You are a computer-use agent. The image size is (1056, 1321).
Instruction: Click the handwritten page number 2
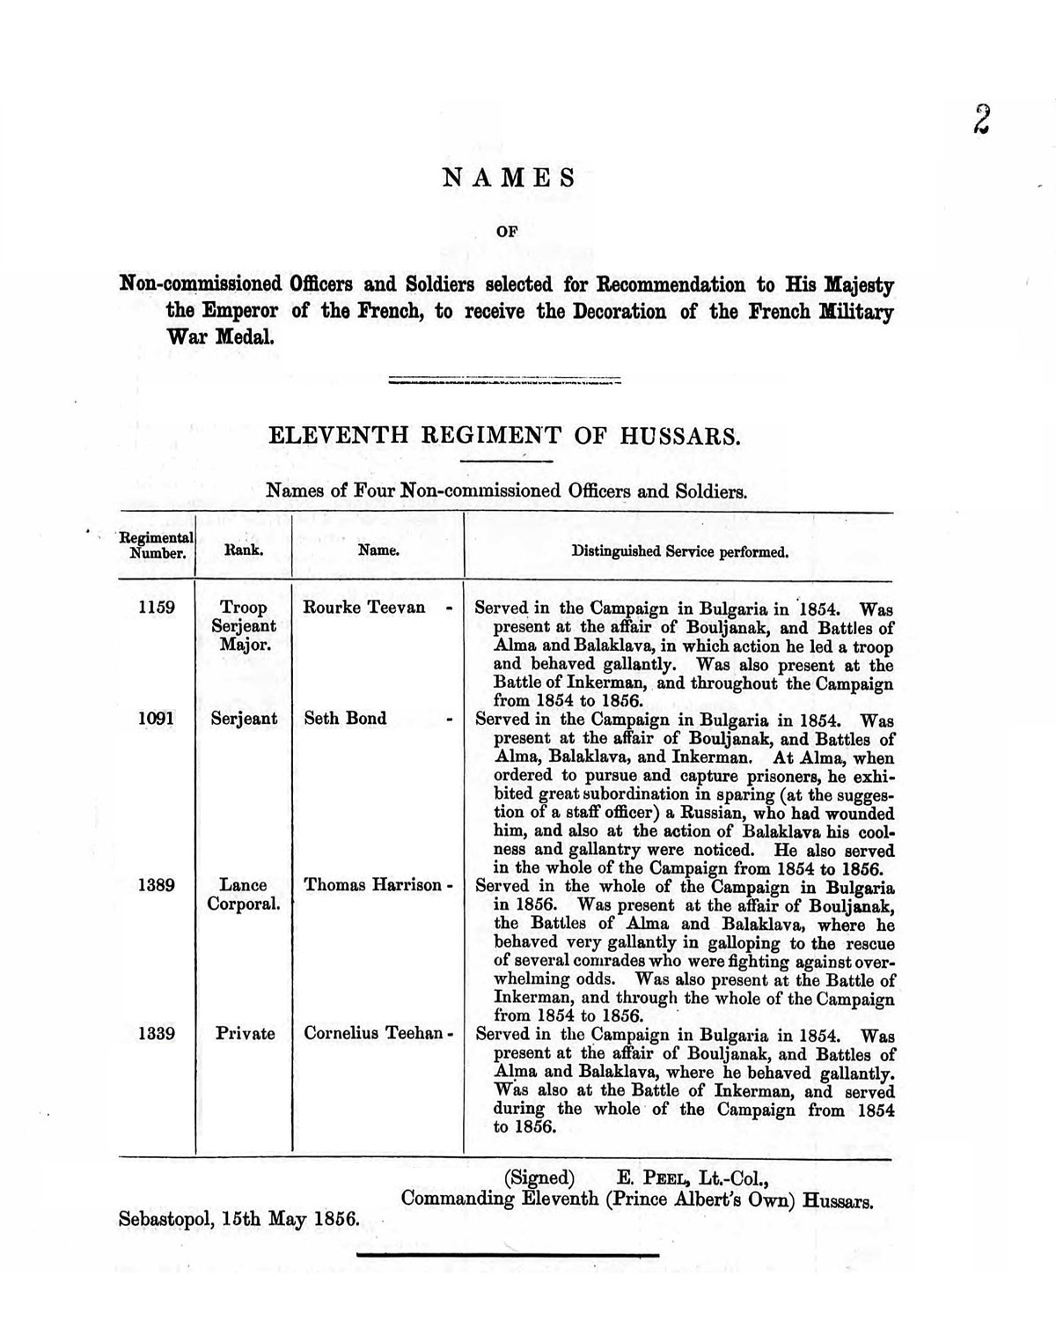[981, 119]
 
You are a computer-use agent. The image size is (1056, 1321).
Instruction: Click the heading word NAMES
[509, 178]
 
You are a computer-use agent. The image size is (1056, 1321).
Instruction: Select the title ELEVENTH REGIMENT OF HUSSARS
[504, 436]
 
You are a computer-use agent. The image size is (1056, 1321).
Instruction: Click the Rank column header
[245, 551]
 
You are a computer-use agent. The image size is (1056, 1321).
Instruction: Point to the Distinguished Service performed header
[679, 552]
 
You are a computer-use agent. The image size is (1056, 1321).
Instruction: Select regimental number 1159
[157, 608]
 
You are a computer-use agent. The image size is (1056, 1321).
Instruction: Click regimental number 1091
[157, 719]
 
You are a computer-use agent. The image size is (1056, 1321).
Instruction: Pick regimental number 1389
[157, 885]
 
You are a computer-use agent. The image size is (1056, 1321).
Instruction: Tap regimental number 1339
[157, 1034]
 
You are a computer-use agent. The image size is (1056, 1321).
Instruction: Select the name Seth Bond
[345, 719]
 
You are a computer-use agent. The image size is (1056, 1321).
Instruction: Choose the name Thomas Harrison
[372, 885]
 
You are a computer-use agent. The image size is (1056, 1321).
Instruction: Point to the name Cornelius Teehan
[372, 1034]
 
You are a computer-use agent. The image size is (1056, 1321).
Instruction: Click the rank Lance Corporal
[244, 895]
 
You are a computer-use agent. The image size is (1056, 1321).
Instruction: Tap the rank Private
[245, 1034]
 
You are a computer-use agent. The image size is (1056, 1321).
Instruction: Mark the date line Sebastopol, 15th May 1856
[239, 1220]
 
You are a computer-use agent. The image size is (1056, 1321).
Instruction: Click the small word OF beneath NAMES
[508, 232]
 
